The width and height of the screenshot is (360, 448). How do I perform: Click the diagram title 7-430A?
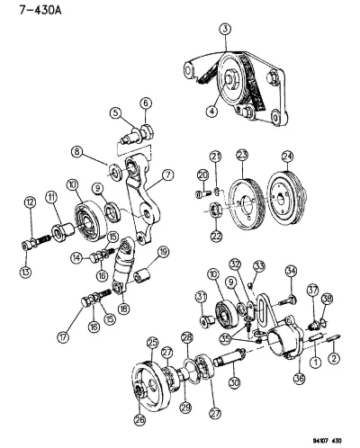click(x=40, y=10)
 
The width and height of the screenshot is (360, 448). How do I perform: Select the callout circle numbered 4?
click(x=211, y=111)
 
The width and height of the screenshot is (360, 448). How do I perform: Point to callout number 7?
click(x=167, y=175)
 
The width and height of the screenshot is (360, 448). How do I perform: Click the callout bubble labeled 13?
click(x=25, y=272)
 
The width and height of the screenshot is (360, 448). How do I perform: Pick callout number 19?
click(x=163, y=253)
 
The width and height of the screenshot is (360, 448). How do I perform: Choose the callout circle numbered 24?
click(x=287, y=157)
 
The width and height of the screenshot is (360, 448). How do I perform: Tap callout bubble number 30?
click(x=234, y=381)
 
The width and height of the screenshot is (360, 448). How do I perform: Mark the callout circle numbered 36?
click(x=299, y=379)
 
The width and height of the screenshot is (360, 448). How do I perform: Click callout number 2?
click(x=334, y=358)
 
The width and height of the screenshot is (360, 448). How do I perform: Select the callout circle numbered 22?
click(x=216, y=236)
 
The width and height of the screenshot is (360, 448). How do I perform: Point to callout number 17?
click(x=63, y=337)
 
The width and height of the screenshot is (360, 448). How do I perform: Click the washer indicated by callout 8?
click(x=115, y=172)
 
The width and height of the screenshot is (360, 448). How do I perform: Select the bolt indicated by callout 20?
click(x=203, y=193)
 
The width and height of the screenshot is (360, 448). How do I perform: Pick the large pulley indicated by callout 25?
click(x=151, y=385)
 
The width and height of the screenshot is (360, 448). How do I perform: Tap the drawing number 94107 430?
click(x=327, y=441)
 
